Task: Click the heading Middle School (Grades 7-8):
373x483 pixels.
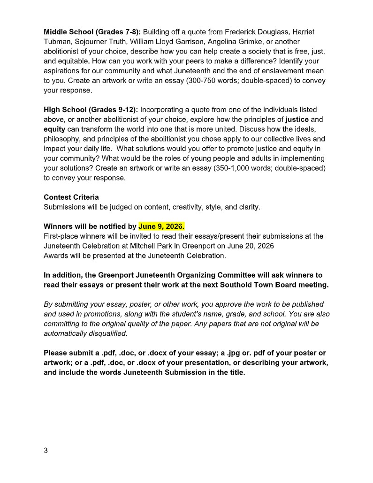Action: [x=92, y=32]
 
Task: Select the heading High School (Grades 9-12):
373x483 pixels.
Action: [x=91, y=110]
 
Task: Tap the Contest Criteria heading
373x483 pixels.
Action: [x=71, y=197]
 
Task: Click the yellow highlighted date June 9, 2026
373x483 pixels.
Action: [x=161, y=226]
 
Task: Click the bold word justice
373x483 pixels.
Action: [x=297, y=119]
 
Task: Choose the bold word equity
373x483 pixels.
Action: [x=54, y=129]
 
